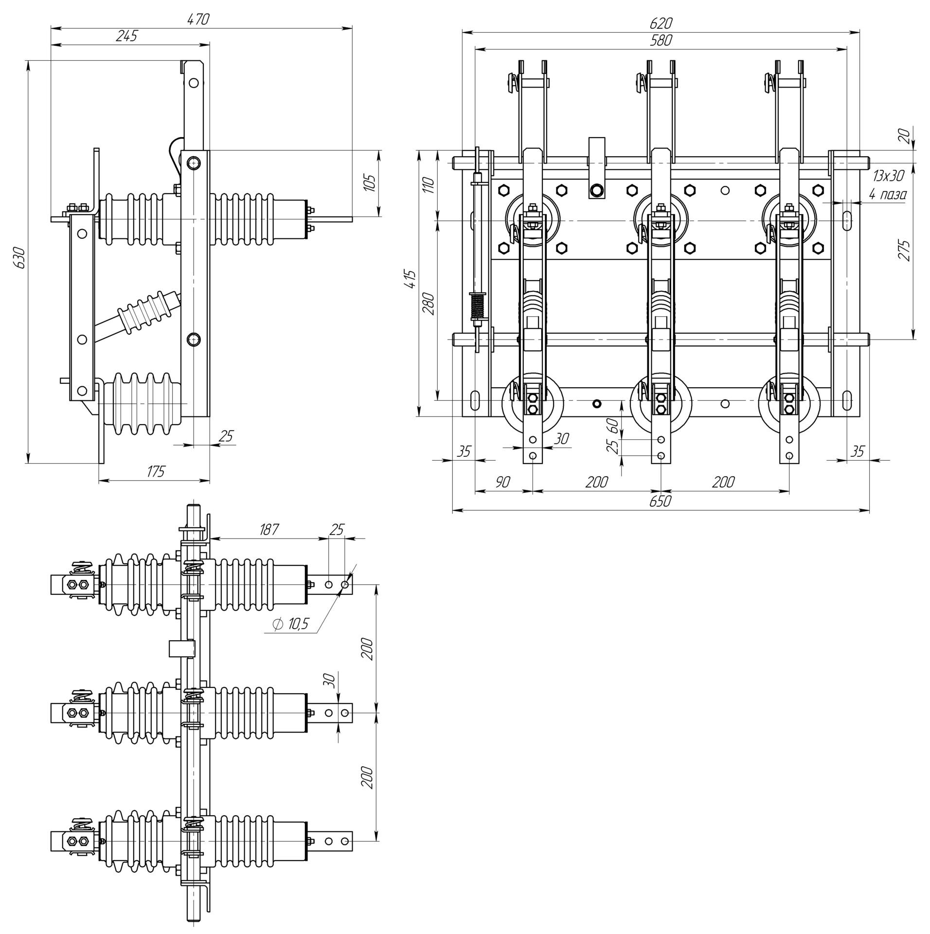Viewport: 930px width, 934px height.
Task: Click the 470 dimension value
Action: point(198,19)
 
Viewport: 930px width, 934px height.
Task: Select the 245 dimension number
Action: point(127,36)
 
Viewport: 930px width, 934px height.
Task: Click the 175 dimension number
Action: point(155,471)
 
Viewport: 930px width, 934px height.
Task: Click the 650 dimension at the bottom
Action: point(660,501)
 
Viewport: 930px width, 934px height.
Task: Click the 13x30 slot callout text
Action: point(888,176)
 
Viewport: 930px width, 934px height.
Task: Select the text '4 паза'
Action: point(888,195)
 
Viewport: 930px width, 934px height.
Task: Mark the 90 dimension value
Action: point(502,482)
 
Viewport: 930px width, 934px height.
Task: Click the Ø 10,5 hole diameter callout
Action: point(291,625)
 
